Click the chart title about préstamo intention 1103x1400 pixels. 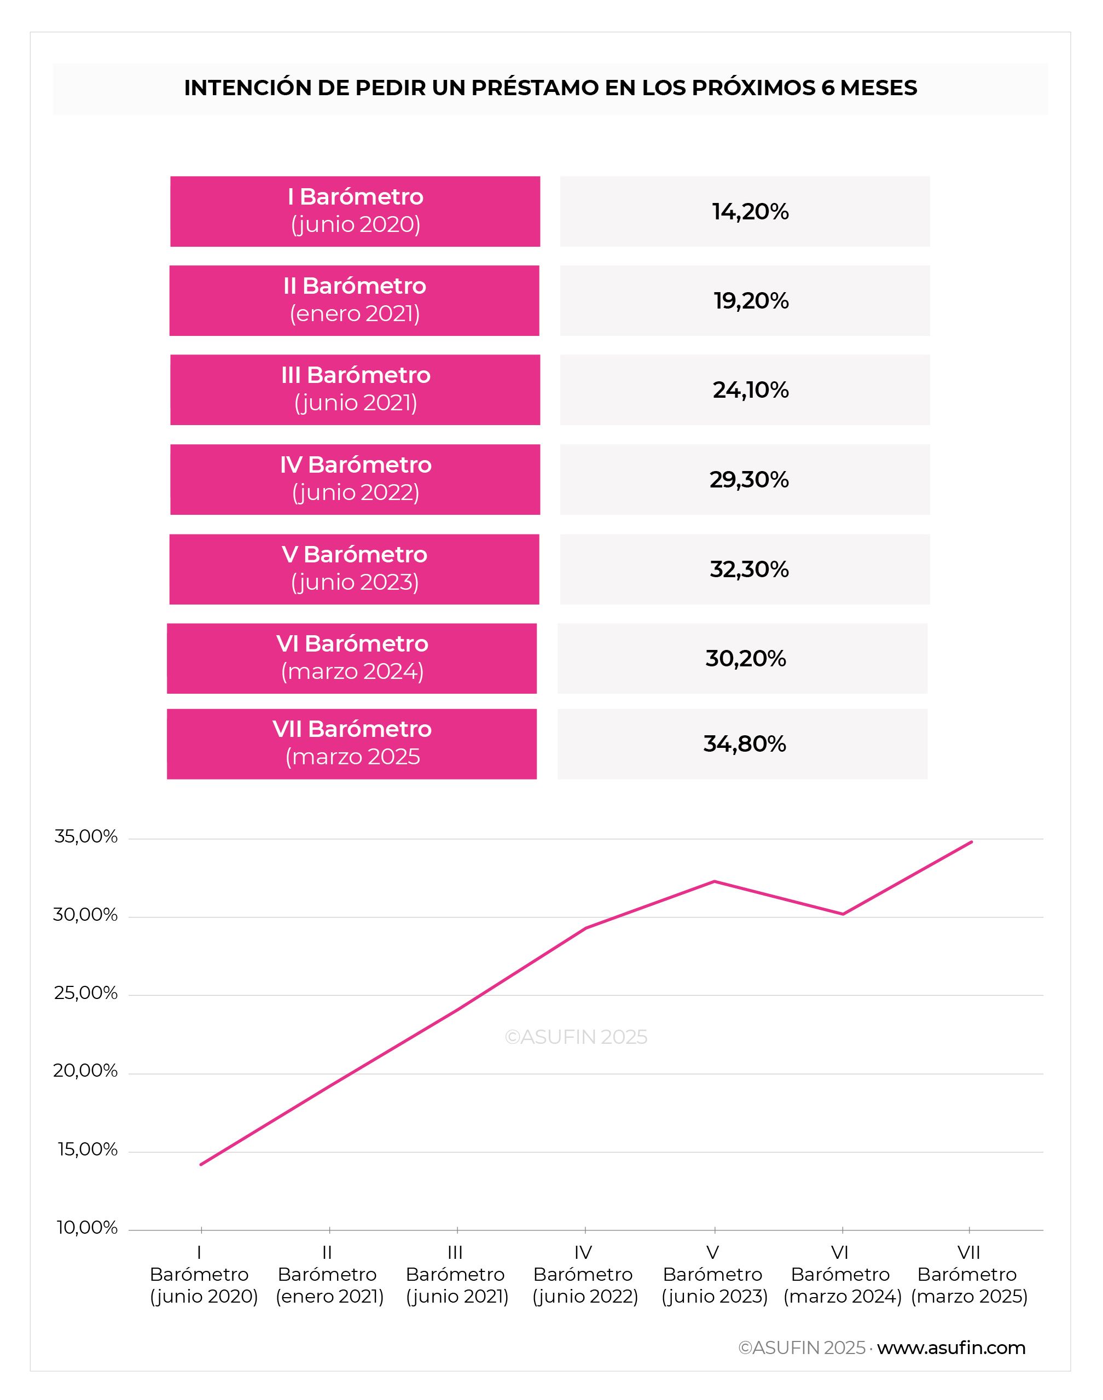coord(550,88)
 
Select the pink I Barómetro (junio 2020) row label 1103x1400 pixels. coord(355,211)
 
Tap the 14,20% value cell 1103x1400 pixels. coord(745,211)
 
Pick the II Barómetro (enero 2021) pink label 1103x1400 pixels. coord(355,300)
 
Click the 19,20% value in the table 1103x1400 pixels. coord(751,301)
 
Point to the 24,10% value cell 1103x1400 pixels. coord(745,390)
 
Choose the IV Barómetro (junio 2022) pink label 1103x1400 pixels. coord(355,479)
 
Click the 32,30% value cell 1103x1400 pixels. coord(745,569)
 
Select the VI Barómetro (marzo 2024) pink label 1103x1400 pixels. coord(352,658)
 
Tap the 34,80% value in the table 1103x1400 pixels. coord(745,744)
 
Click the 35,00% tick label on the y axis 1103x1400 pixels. coord(86,837)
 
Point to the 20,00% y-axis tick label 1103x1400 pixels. coord(85,1071)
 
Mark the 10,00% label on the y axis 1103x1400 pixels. coord(87,1228)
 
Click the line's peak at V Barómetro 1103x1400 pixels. coord(714,881)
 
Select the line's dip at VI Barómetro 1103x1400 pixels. coord(843,914)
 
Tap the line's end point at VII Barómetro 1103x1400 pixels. coord(971,841)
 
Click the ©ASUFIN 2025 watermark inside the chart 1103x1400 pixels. coord(576,1036)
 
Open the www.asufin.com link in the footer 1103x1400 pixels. coord(951,1347)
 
